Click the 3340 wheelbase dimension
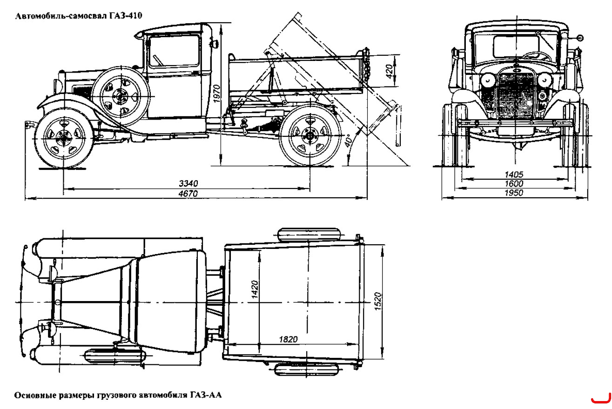point(188,183)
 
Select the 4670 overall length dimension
point(188,194)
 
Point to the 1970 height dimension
point(216,94)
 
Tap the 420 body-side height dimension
point(390,71)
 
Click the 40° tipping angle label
point(348,141)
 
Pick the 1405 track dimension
point(514,174)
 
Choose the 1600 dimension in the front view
point(514,183)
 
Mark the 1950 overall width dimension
point(514,193)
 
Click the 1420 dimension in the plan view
point(254,289)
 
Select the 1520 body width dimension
point(377,301)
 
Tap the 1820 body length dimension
point(288,339)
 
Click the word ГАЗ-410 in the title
point(126,15)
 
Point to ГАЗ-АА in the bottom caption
point(206,395)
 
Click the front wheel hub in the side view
point(64,138)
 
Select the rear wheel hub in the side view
point(310,136)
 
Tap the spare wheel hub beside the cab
point(120,96)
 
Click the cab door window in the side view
point(174,51)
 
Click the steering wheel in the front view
point(536,55)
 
